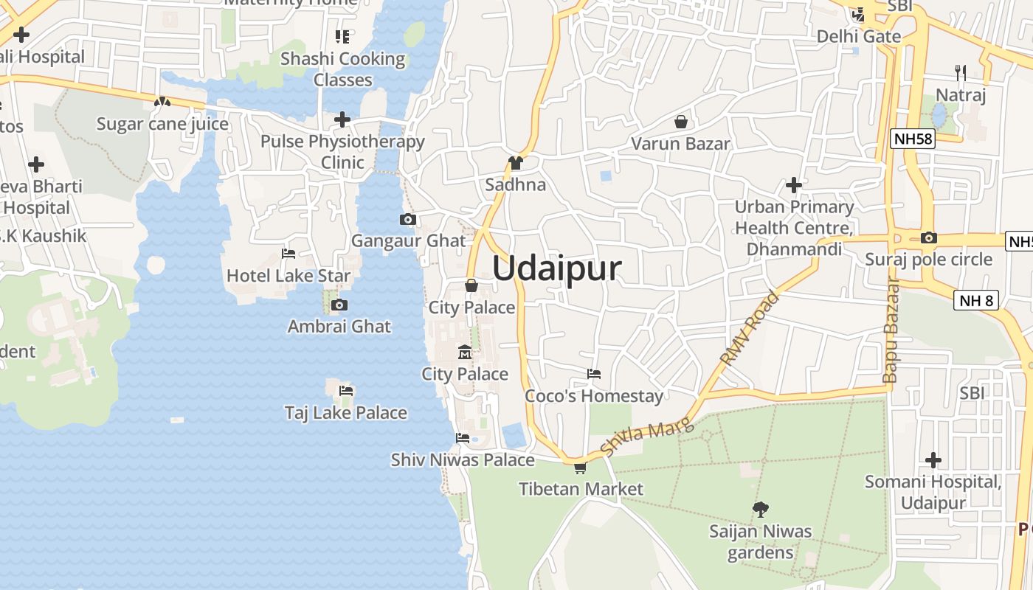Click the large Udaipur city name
coord(556,268)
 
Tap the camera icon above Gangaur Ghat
coord(407,219)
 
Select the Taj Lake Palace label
coord(346,412)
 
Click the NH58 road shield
coord(913,139)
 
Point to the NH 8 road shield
coord(976,300)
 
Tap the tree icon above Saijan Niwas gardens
coord(760,509)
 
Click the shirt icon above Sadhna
coord(515,163)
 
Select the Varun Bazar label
coord(680,143)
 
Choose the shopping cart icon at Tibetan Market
coord(581,468)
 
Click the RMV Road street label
coord(750,329)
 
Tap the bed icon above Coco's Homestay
coord(593,374)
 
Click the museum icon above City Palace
coord(465,352)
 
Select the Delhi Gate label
coord(858,36)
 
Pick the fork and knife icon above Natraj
coord(960,73)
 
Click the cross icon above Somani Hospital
coord(933,460)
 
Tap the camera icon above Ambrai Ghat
coord(339,305)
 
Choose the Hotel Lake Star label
coord(289,275)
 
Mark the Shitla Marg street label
coord(647,437)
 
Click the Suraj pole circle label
coord(928,260)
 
